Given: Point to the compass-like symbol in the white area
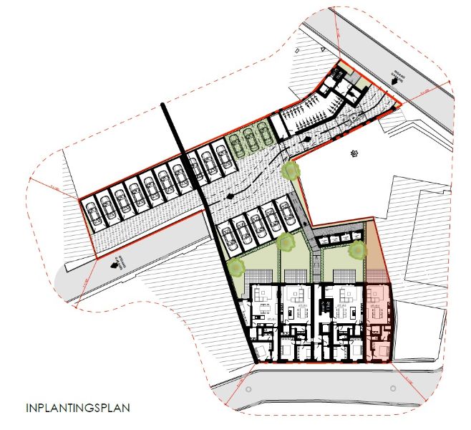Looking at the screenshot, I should tap(353, 153).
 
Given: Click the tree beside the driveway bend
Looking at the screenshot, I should tap(290, 171).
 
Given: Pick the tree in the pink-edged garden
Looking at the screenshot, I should tap(357, 251).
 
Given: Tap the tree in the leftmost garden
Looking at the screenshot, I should tap(236, 267).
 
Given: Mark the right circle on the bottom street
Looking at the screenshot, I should tap(392, 386).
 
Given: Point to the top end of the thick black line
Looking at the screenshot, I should tap(165, 106).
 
